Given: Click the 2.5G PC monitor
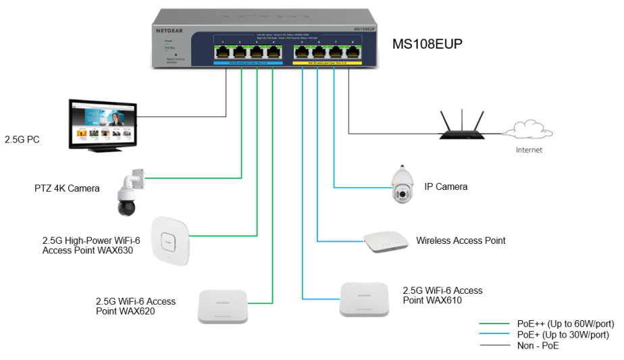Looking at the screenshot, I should [x=103, y=124].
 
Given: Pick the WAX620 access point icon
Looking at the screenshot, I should [x=222, y=306].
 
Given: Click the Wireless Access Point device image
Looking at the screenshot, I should [x=386, y=242].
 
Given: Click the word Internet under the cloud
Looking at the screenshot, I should [x=529, y=150].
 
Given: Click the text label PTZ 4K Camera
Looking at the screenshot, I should [x=67, y=188].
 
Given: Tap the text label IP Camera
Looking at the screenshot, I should [x=446, y=186].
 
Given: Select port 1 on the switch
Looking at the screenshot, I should [x=222, y=51].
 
